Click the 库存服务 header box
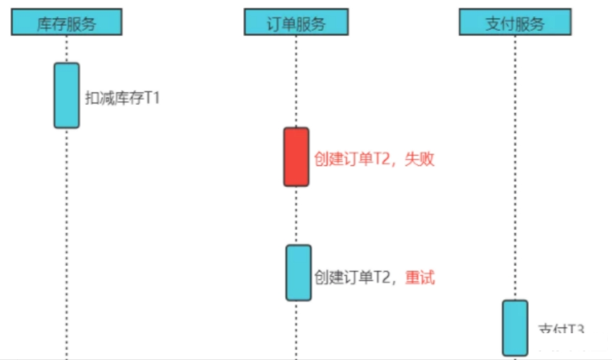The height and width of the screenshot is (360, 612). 66,23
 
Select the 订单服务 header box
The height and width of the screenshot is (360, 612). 296,23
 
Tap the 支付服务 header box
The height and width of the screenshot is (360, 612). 514,23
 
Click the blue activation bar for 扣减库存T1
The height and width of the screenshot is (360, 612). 66,95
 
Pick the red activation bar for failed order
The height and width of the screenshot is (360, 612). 296,157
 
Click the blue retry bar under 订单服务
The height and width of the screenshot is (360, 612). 298,272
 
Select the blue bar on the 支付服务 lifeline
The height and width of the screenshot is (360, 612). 515,328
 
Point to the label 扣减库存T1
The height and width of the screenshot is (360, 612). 122,98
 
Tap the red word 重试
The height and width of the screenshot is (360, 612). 420,277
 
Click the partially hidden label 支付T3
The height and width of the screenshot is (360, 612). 561,330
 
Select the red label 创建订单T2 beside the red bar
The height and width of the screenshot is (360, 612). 353,159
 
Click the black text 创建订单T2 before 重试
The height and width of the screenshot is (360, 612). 353,277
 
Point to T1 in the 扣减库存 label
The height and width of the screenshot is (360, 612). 152,98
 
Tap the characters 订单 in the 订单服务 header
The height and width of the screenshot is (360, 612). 281,24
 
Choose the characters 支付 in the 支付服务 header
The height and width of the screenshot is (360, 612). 499,24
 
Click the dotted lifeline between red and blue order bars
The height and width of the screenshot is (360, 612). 296,215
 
